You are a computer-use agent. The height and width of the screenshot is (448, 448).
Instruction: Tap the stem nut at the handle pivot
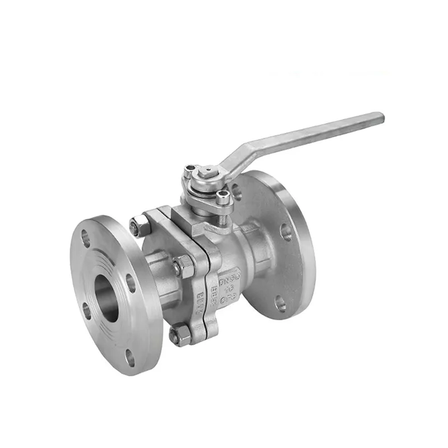[x=207, y=169]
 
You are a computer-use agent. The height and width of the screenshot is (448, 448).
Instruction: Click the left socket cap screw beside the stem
[x=191, y=169]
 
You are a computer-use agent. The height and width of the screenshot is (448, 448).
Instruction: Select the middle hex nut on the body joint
[x=183, y=265]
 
